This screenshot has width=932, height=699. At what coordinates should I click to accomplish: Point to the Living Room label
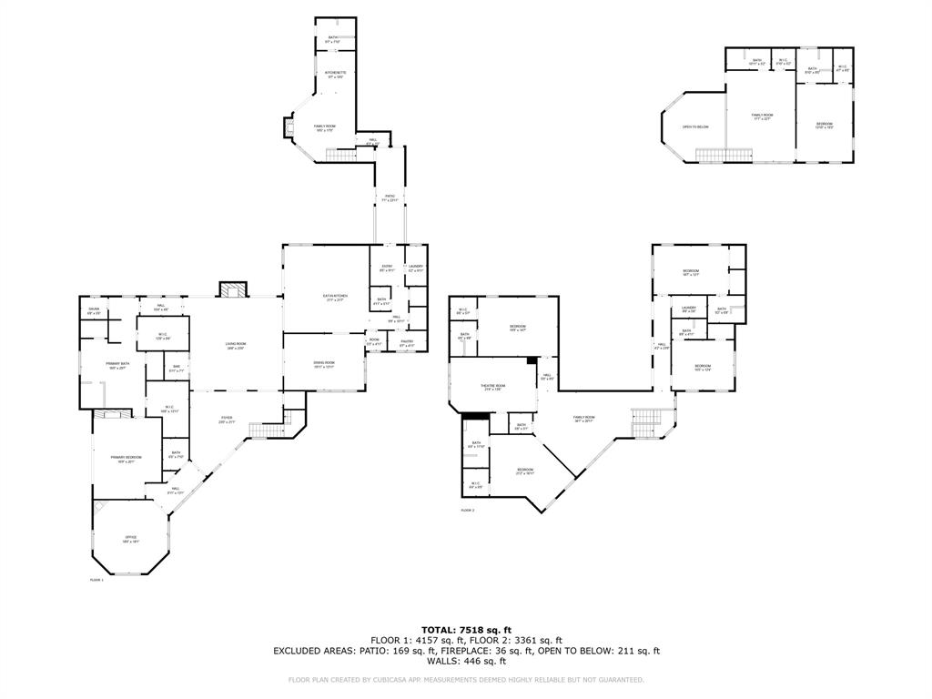[236, 345]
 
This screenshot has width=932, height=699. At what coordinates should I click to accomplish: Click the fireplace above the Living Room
[231, 290]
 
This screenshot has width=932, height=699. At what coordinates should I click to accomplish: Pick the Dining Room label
[324, 364]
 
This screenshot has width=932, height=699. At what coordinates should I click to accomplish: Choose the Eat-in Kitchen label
[335, 298]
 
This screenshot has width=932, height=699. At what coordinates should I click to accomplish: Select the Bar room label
[177, 370]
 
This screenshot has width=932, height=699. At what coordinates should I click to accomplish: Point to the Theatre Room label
[492, 388]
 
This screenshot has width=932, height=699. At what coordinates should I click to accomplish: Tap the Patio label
[390, 198]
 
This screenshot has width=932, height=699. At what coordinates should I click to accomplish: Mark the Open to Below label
[695, 127]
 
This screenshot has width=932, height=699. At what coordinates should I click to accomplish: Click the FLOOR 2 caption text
[467, 511]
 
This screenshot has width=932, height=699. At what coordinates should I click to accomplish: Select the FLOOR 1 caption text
[96, 580]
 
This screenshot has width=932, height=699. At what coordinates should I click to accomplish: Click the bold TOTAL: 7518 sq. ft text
[466, 630]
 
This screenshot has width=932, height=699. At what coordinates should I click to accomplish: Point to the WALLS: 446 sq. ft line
[466, 662]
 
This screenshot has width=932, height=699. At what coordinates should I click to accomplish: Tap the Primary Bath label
[118, 366]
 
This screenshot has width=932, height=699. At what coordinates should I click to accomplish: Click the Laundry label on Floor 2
[689, 309]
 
